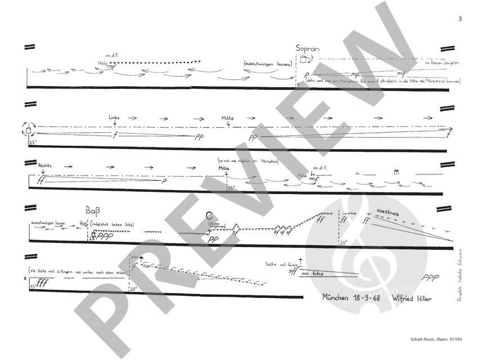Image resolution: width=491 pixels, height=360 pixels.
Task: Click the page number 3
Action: pyautogui.click(x=460, y=19)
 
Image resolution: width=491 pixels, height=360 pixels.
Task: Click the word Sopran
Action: pyautogui.click(x=308, y=48)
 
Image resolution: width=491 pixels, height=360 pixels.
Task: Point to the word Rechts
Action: pyautogui.click(x=44, y=166)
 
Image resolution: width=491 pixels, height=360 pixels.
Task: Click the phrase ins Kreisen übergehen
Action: pyautogui.click(x=443, y=63)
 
